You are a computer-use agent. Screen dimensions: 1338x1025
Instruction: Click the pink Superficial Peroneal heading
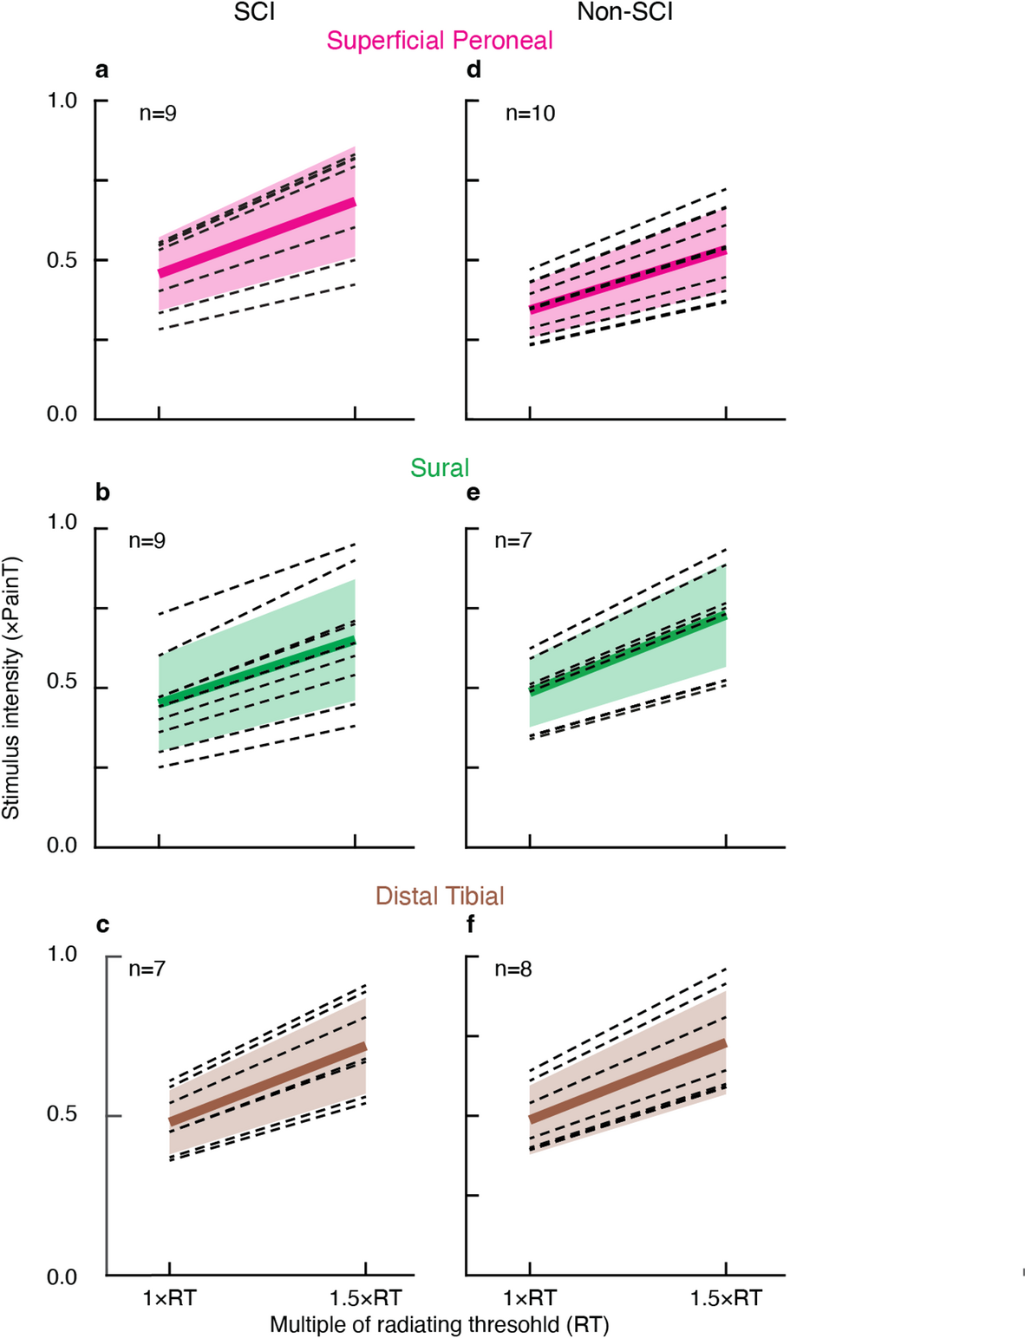(440, 41)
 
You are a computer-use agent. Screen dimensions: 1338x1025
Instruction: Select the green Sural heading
(440, 468)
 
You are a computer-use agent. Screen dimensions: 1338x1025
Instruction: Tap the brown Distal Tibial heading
(440, 896)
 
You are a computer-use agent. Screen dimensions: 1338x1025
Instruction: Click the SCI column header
(254, 12)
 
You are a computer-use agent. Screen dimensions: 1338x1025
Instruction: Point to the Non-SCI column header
(624, 12)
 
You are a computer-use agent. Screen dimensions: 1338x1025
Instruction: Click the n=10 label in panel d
(530, 114)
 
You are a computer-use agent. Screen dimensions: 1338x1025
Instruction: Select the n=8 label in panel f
(513, 969)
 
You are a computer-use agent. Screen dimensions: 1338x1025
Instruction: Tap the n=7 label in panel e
(513, 541)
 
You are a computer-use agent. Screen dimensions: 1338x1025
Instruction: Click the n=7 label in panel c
(147, 969)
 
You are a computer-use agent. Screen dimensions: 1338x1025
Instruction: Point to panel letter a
(102, 70)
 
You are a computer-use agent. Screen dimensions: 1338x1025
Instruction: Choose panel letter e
(473, 493)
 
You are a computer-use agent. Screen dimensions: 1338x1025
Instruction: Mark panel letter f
(471, 925)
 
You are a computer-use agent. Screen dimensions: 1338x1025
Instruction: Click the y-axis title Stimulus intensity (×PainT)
(10, 688)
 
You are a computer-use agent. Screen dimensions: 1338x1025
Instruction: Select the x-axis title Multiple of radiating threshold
(440, 1325)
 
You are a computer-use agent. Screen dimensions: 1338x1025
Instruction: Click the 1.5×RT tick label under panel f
(726, 1298)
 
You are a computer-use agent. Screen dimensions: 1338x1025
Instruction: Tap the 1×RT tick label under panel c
(169, 1298)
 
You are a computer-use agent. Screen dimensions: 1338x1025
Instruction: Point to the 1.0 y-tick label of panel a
(62, 101)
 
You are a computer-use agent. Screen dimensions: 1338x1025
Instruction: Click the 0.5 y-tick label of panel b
(62, 682)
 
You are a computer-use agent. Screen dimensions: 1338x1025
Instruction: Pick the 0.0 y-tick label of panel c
(62, 1277)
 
